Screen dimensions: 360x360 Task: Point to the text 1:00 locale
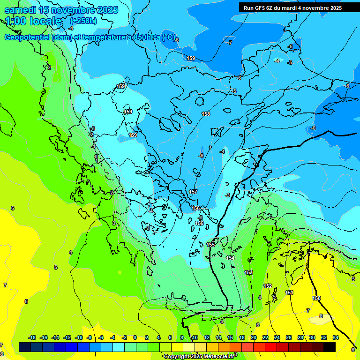click(33, 21)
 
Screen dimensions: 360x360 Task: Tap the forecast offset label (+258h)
click(83, 21)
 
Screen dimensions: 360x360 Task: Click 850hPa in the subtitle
click(145, 37)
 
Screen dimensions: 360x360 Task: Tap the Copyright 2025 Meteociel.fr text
click(199, 357)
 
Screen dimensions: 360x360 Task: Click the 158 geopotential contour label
click(206, 114)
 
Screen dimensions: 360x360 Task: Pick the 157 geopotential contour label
click(193, 192)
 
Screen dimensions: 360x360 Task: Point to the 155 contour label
click(210, 245)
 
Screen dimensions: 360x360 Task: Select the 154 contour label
click(230, 258)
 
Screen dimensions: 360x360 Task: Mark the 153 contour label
click(248, 272)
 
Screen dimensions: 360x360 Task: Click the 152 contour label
click(268, 286)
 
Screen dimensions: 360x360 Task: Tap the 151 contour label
click(289, 292)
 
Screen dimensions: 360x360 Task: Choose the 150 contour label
click(316, 298)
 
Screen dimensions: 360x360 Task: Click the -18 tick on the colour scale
click(32, 337)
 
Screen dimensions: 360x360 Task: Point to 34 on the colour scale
click(336, 337)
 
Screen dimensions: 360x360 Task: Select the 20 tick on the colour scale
click(254, 337)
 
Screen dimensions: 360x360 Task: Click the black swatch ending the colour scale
click(330, 347)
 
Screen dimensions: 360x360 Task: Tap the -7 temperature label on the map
click(230, 43)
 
